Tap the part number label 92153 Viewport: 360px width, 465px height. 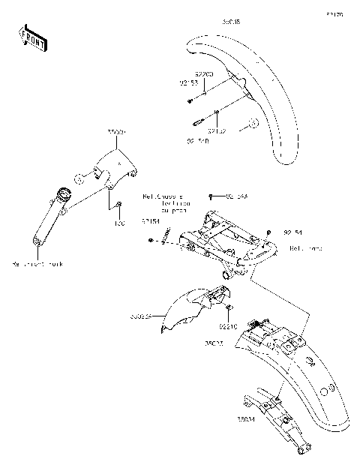pos(187,85)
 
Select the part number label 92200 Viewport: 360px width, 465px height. pos(204,74)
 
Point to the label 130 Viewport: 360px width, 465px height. pos(118,223)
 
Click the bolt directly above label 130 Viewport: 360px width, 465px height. pos(118,205)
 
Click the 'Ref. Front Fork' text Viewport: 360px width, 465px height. pos(38,264)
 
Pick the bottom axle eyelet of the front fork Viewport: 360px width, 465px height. pos(36,241)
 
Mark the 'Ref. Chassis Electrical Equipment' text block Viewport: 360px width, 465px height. pos(167,203)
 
